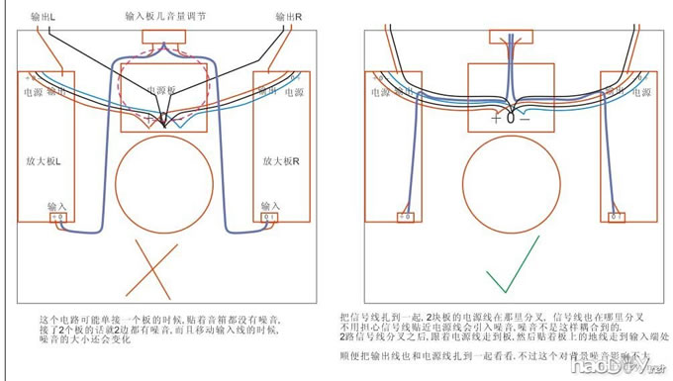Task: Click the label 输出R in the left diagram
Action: point(288,17)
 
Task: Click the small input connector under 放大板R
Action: point(268,218)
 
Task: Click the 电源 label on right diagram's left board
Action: point(379,92)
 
